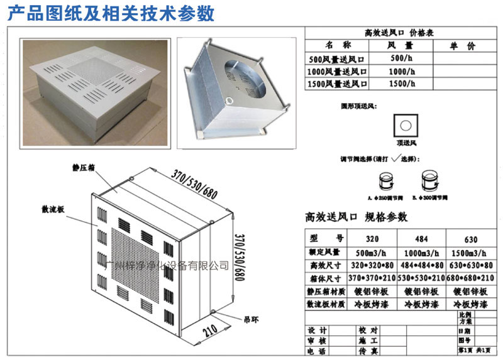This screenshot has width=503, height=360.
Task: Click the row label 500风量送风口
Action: [x=336, y=58]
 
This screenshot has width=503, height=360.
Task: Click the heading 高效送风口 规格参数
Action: [x=357, y=217]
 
